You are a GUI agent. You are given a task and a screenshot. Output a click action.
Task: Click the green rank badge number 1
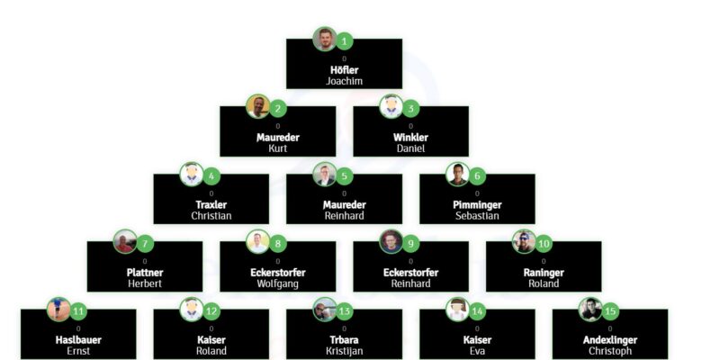pyautogui.click(x=344, y=41)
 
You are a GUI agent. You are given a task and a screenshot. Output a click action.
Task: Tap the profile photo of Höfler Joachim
pyautogui.click(x=325, y=39)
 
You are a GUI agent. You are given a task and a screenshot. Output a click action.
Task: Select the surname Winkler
pyautogui.click(x=410, y=138)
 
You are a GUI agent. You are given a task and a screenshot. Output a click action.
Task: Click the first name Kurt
pyautogui.click(x=278, y=148)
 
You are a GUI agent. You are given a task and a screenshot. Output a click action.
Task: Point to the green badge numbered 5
pyautogui.click(x=344, y=176)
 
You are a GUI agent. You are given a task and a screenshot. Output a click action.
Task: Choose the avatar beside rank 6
pyautogui.click(x=457, y=174)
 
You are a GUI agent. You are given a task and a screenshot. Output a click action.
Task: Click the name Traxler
pyautogui.click(x=211, y=205)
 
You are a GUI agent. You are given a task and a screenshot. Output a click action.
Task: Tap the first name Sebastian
pyautogui.click(x=477, y=216)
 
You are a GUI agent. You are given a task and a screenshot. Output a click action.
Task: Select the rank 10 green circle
pyautogui.click(x=544, y=244)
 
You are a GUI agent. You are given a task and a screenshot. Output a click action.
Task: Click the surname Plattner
pyautogui.click(x=145, y=273)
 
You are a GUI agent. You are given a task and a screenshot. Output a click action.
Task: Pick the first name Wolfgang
pyautogui.click(x=277, y=283)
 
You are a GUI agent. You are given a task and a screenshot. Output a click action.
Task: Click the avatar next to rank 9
pyautogui.click(x=391, y=242)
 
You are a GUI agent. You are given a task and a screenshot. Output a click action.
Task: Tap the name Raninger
pyautogui.click(x=544, y=273)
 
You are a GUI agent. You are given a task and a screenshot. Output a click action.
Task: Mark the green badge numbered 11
pyautogui.click(x=78, y=311)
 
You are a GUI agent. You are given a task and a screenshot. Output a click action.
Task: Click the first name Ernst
pyautogui.click(x=78, y=351)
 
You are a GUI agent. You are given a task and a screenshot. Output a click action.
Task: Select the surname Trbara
pyautogui.click(x=344, y=340)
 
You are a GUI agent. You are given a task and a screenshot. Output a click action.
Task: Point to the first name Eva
pyautogui.click(x=477, y=351)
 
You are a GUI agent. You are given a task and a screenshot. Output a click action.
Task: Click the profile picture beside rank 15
pyautogui.click(x=590, y=310)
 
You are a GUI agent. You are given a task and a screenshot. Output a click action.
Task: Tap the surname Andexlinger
pyautogui.click(x=610, y=340)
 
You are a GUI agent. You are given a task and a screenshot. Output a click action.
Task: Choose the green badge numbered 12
pyautogui.click(x=211, y=311)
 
